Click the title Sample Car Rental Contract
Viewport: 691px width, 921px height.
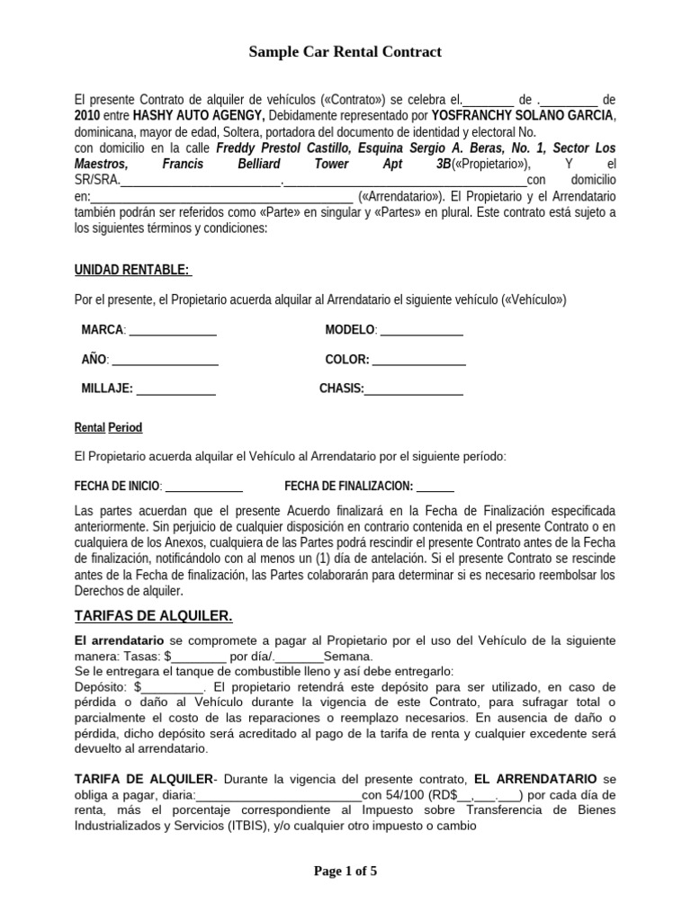[x=345, y=53]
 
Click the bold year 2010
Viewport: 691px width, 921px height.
[x=89, y=116]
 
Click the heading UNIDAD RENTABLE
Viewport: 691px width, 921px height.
[x=130, y=270]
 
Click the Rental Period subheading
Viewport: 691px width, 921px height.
[x=108, y=427]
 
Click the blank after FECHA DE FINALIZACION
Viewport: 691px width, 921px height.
[x=435, y=487]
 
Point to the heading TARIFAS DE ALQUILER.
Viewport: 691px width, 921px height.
[x=152, y=616]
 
